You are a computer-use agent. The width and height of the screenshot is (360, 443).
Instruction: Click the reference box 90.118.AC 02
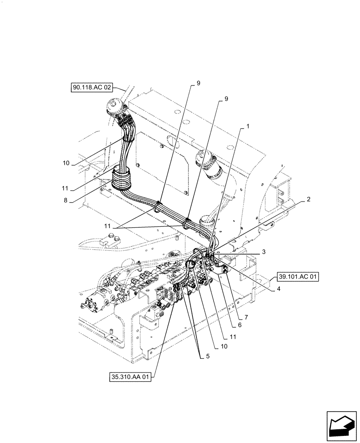[x=91, y=88]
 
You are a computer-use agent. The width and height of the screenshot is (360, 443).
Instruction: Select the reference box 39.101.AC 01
[x=299, y=277]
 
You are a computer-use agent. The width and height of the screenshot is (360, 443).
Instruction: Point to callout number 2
[x=307, y=199]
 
